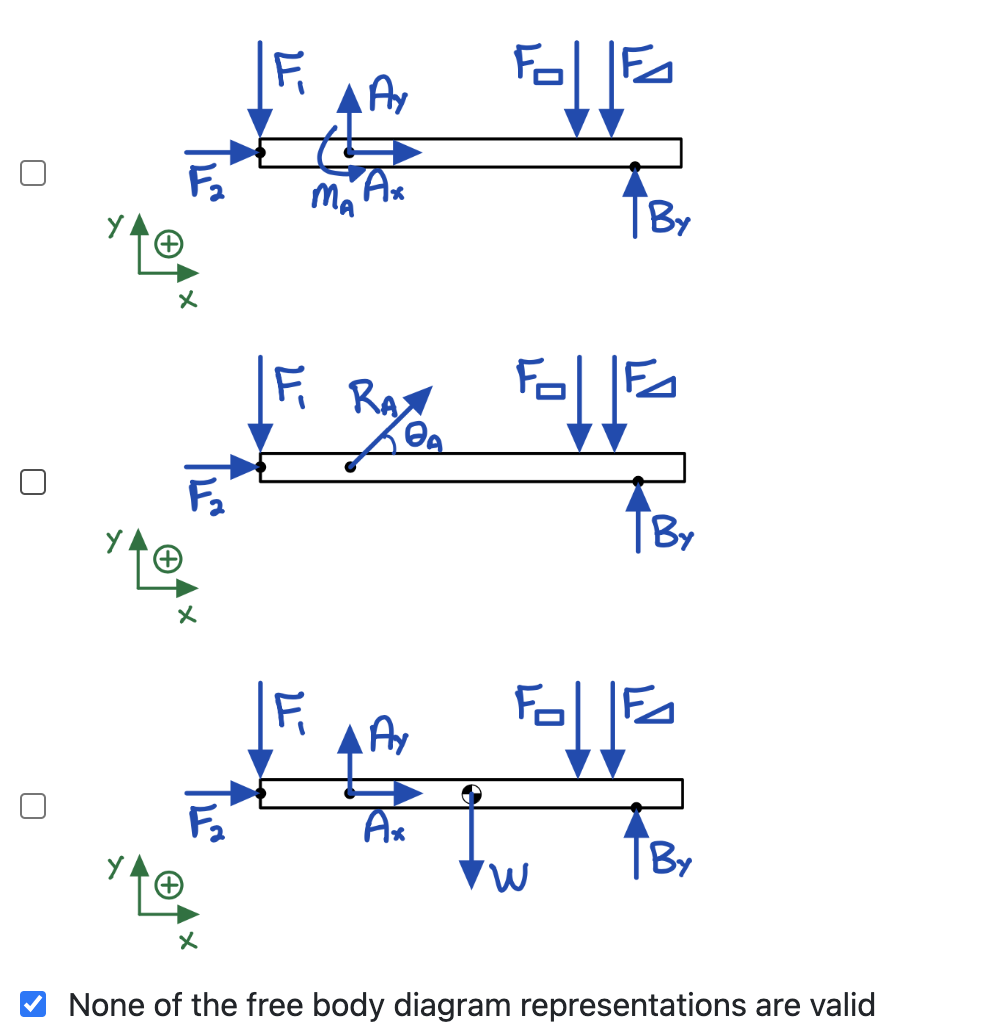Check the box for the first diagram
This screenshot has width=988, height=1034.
pyautogui.click(x=33, y=173)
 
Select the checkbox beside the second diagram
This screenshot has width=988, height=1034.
pyautogui.click(x=33, y=482)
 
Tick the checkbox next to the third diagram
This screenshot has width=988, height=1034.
pyautogui.click(x=33, y=806)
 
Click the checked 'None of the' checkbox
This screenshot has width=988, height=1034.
pyautogui.click(x=33, y=1002)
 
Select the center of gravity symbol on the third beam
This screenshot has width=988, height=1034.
pyautogui.click(x=471, y=795)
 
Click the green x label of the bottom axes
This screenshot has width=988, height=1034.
pyautogui.click(x=187, y=941)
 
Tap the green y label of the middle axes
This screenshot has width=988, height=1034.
pyautogui.click(x=116, y=540)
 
